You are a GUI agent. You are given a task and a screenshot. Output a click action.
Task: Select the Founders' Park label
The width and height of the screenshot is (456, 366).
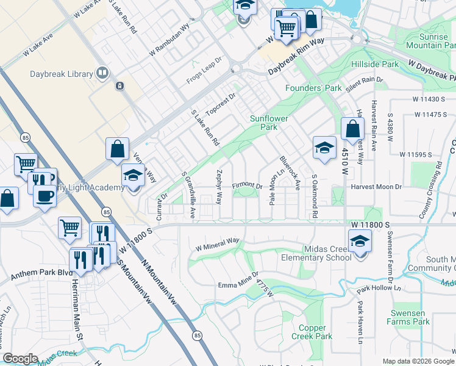[x=314, y=88]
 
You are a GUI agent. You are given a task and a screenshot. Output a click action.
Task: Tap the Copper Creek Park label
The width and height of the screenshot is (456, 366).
[x=312, y=332]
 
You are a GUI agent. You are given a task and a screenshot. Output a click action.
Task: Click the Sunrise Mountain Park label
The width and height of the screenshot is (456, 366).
[x=427, y=41]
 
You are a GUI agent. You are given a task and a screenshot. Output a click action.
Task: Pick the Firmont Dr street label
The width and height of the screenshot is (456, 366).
[x=248, y=185]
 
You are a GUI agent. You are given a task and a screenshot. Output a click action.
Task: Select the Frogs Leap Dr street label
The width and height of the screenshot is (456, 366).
[x=205, y=74]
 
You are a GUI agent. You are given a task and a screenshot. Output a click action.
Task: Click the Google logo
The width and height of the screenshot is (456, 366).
[x=20, y=359]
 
